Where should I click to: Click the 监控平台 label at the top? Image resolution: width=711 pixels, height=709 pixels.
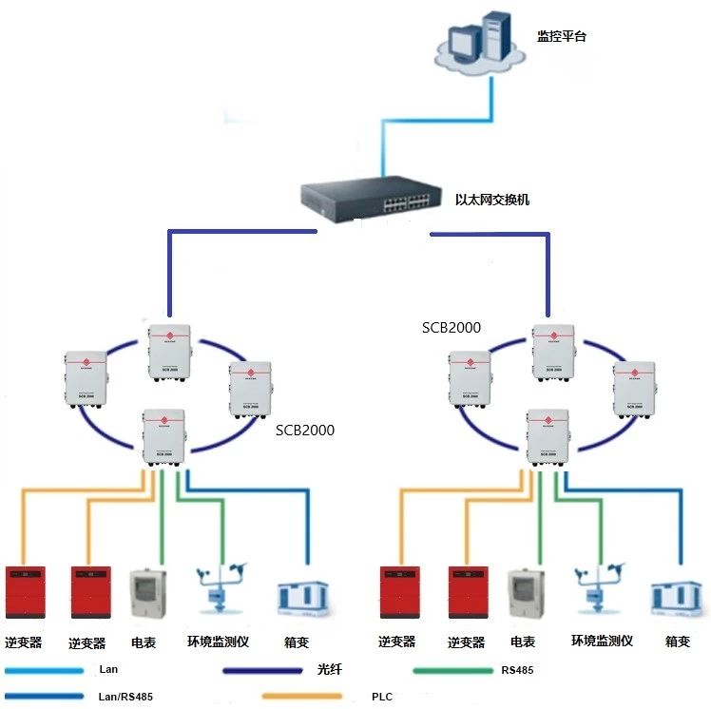[561, 38]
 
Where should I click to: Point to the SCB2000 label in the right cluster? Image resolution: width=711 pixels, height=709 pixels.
[452, 328]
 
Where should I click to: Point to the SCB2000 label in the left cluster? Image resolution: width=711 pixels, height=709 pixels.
[305, 430]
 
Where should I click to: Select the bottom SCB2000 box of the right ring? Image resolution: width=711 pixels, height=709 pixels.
[548, 434]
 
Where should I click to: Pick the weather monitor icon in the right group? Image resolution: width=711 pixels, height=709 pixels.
[600, 589]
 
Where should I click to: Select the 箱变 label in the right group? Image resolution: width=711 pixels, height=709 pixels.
[678, 642]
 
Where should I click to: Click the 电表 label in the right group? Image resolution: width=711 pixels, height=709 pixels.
[522, 642]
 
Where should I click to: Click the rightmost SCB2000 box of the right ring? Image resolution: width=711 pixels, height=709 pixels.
[632, 389]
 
